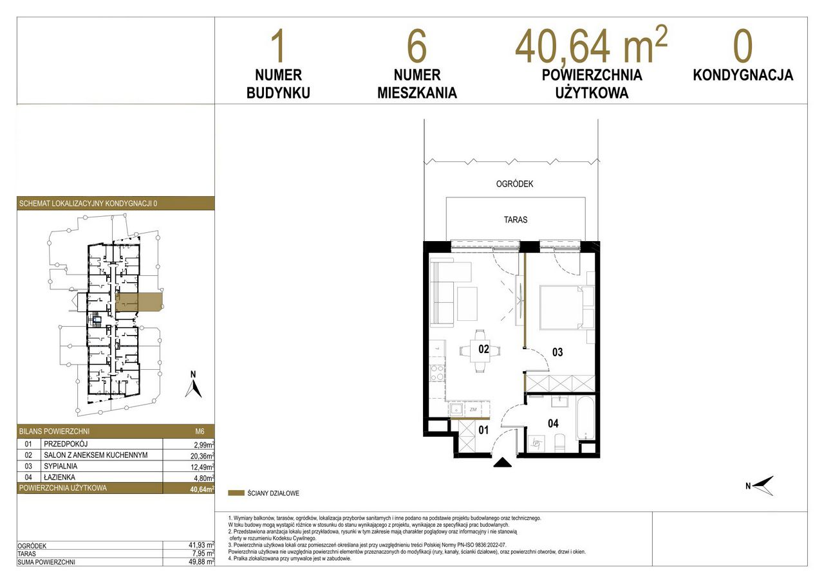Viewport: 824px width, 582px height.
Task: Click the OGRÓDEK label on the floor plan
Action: [514, 184]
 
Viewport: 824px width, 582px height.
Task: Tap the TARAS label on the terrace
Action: [516, 220]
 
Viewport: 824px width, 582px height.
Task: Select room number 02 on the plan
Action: [483, 349]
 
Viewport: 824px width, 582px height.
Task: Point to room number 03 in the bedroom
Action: [557, 352]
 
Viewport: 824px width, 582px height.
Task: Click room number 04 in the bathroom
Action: [553, 423]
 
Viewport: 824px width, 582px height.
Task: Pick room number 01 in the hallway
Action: [483, 430]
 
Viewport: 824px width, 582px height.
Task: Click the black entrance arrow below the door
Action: [502, 462]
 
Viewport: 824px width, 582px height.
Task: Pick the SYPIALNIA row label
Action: [61, 466]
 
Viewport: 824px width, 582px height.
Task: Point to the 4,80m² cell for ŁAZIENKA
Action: [204, 478]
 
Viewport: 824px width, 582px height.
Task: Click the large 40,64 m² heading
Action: [591, 45]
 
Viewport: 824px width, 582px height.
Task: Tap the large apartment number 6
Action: [417, 47]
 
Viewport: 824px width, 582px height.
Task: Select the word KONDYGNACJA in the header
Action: [743, 75]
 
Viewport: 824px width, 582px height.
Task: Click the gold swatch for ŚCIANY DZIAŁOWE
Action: [236, 493]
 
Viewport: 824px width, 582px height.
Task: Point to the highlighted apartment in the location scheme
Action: [139, 302]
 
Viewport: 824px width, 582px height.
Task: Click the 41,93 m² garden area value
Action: [201, 545]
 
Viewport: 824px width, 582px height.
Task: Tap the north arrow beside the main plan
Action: [762, 486]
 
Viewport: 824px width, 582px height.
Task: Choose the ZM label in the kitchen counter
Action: [473, 409]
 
